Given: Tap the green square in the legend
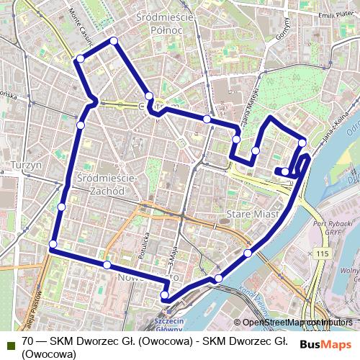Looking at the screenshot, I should point(8,341).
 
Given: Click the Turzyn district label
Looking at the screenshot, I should point(27,166).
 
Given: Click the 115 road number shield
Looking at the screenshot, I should point(322,254).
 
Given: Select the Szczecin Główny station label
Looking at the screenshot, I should point(172,323).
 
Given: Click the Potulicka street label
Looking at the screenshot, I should point(145,244).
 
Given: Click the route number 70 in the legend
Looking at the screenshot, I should point(28,341).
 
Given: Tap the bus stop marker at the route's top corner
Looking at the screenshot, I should point(114,41).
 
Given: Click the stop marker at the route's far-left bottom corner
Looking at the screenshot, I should point(52,246).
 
